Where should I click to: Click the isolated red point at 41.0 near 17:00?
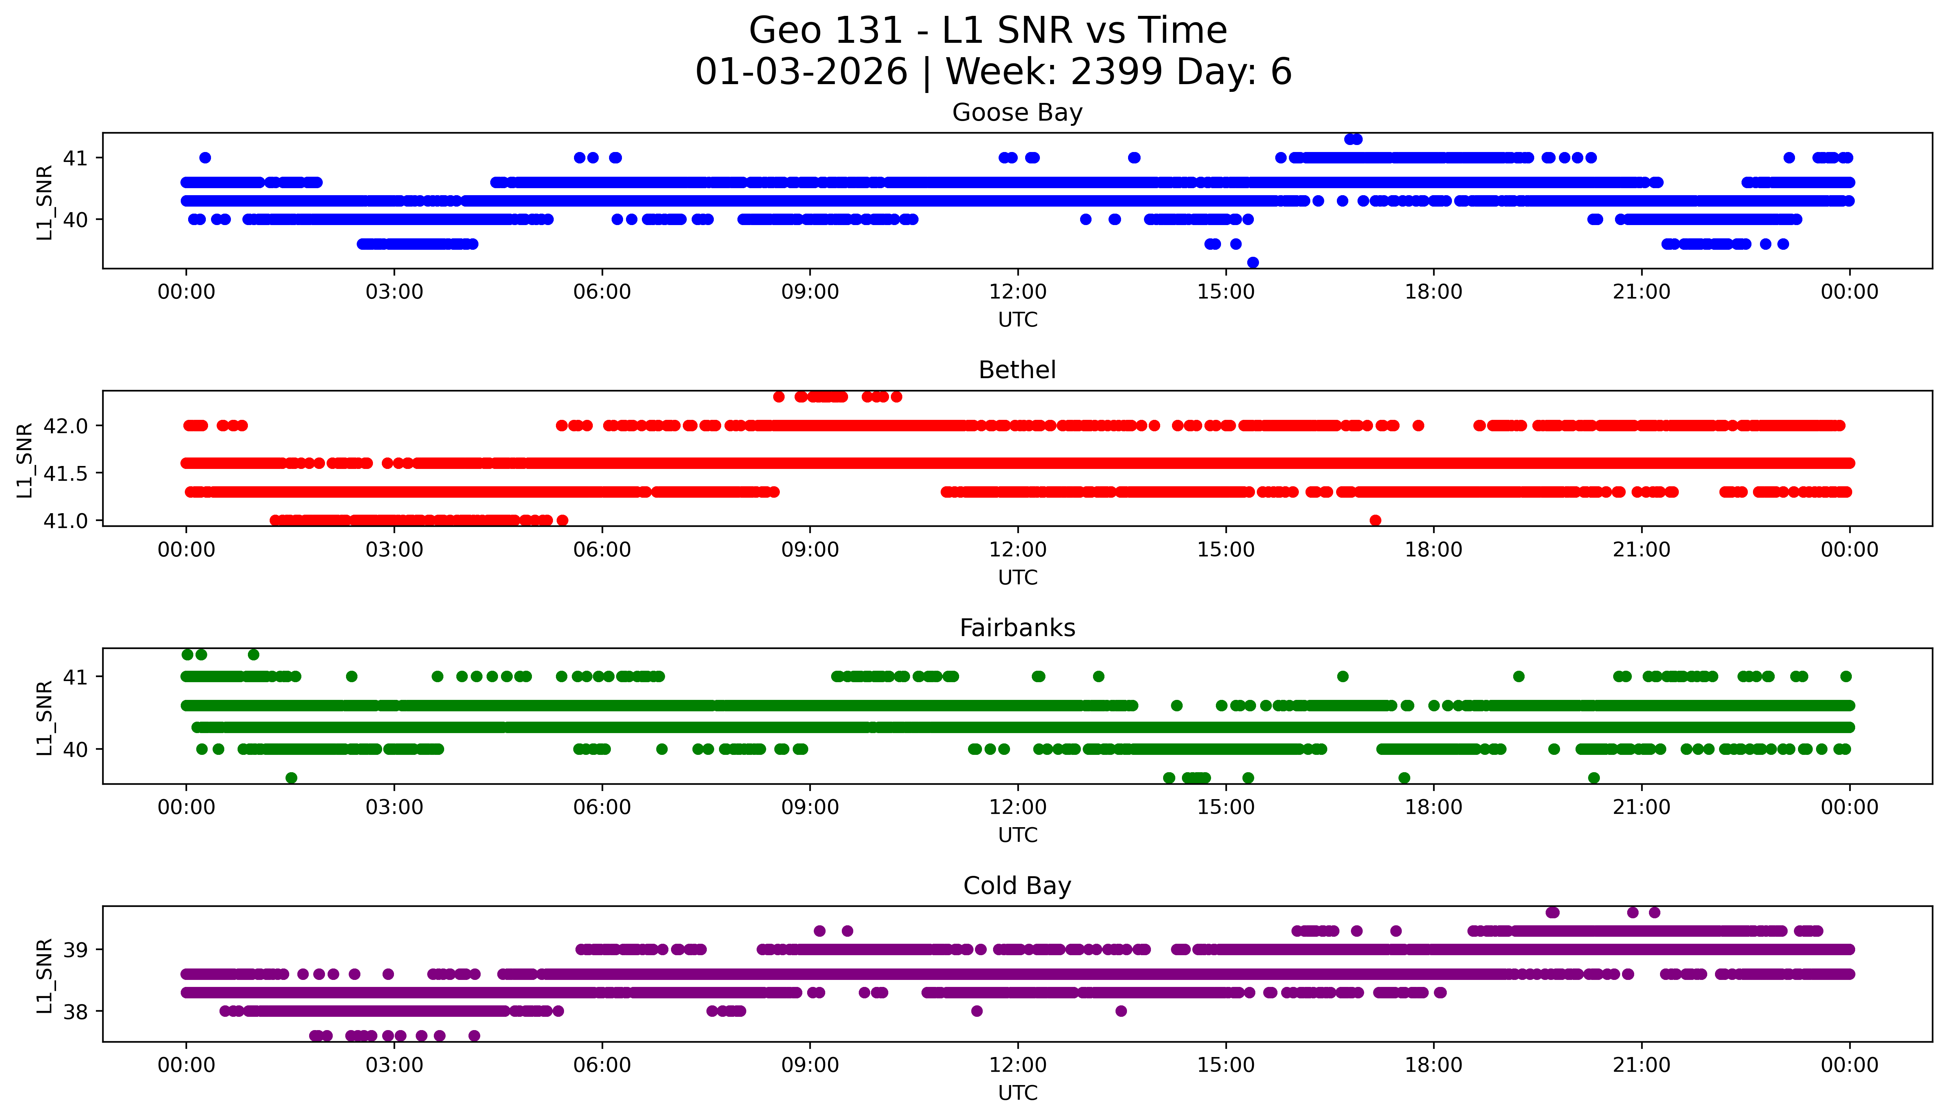(1375, 520)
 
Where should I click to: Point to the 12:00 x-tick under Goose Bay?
(1017, 292)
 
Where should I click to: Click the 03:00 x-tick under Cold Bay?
(394, 1065)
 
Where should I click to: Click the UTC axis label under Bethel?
(1017, 577)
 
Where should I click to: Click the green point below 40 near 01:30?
(291, 778)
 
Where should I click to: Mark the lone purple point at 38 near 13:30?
(1121, 1011)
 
